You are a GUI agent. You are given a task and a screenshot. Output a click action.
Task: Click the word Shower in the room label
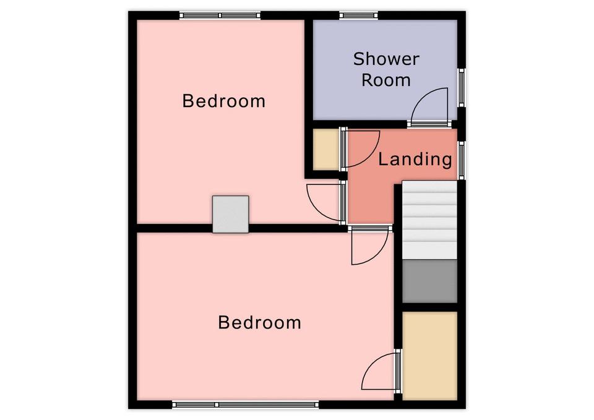[386, 59]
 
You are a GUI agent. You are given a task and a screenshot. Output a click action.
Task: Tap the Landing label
[415, 159]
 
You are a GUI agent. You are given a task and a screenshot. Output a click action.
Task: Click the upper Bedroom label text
[223, 101]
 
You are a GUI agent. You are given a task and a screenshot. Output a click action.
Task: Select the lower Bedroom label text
[259, 323]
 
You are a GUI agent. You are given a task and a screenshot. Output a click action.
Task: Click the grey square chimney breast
[230, 214]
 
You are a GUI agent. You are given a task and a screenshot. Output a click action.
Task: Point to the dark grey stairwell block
[429, 281]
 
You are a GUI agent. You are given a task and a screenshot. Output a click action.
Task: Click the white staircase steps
[429, 220]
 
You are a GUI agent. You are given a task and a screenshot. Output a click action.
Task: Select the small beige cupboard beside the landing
[326, 150]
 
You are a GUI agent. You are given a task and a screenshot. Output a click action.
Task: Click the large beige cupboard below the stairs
[429, 356]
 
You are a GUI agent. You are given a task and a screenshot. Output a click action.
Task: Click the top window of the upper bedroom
[220, 15]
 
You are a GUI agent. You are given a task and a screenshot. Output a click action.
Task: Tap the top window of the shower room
[359, 15]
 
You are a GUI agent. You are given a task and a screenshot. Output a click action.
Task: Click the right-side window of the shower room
[462, 87]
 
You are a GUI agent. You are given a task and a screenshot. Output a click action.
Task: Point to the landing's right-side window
[462, 160]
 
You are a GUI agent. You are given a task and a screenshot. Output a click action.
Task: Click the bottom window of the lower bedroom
[246, 405]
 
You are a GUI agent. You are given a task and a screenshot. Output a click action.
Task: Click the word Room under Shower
[386, 80]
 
